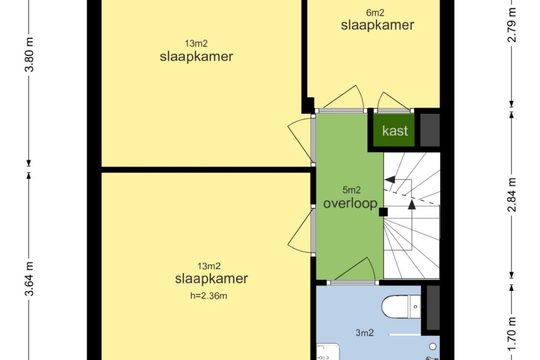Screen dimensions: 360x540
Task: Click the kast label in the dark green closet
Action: coord(395,131)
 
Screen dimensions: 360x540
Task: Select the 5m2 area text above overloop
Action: coord(352,190)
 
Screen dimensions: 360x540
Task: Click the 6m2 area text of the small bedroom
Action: coord(375,13)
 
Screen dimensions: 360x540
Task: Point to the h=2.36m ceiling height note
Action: coord(209,296)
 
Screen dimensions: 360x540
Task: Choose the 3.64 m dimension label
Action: coord(29,280)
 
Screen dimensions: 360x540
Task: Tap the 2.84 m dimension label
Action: coord(512,195)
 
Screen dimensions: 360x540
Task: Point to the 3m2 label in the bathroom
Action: coord(364,333)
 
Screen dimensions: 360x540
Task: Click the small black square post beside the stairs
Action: coord(383,212)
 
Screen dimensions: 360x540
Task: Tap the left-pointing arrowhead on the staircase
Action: coord(390,179)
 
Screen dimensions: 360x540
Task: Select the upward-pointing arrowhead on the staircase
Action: coord(412,204)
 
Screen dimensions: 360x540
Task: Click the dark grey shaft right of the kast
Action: coord(429,130)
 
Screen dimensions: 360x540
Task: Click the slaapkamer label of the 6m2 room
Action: coord(377,25)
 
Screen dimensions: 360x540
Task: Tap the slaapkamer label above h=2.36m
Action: coord(211,279)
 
